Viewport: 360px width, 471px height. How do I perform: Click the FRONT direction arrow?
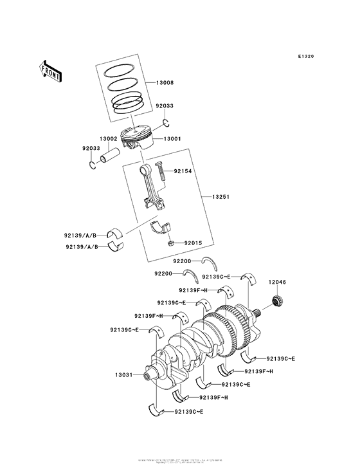coord(51,69)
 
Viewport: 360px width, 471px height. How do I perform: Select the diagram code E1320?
coord(306,57)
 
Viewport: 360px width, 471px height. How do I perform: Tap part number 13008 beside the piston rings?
coord(165,84)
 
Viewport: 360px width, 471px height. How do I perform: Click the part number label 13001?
coord(172,138)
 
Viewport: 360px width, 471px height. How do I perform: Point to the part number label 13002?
coord(108,138)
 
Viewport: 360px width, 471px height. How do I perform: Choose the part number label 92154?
coord(183,172)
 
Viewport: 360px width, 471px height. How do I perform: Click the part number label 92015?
coord(193,243)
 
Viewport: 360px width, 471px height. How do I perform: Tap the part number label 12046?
coord(278,282)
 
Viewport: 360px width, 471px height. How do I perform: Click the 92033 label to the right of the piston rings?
coord(165,106)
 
